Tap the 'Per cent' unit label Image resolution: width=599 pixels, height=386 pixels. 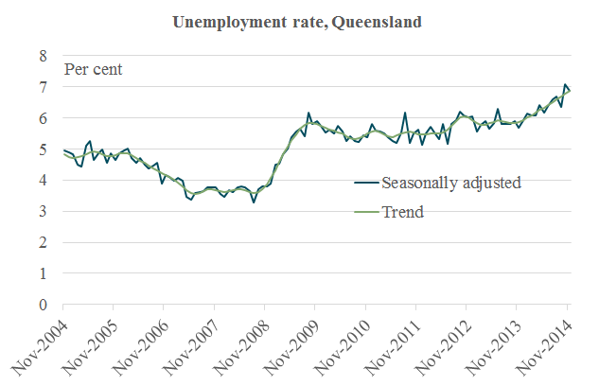pyautogui.click(x=93, y=69)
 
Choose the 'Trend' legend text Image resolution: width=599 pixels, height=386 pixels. pyautogui.click(x=401, y=212)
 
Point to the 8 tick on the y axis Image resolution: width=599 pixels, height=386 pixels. pyautogui.click(x=41, y=57)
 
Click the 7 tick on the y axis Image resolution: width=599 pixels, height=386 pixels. pyautogui.click(x=41, y=88)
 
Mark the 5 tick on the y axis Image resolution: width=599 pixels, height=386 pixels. pyautogui.click(x=41, y=149)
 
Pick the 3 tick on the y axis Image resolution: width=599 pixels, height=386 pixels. pyautogui.click(x=41, y=212)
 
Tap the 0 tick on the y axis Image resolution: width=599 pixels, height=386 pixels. pyautogui.click(x=41, y=305)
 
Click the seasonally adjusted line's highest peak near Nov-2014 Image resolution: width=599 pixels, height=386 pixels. pyautogui.click(x=565, y=84)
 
